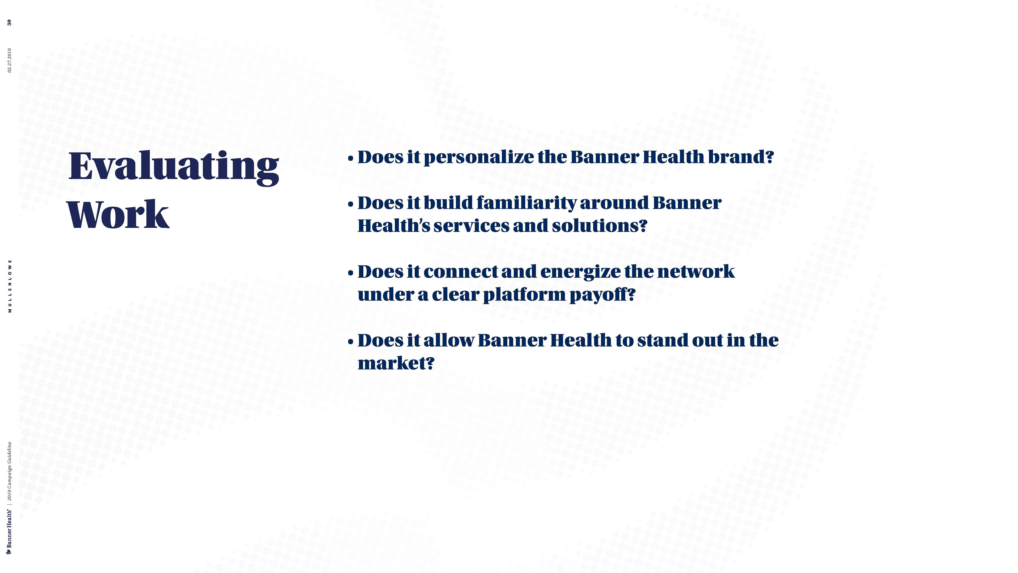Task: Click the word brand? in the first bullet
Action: tap(740, 157)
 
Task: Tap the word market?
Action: tap(396, 363)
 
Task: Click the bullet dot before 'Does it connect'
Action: tap(350, 274)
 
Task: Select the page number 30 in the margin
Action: tap(10, 23)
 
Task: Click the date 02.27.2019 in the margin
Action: tap(10, 60)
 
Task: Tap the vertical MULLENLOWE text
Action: tap(10, 286)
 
